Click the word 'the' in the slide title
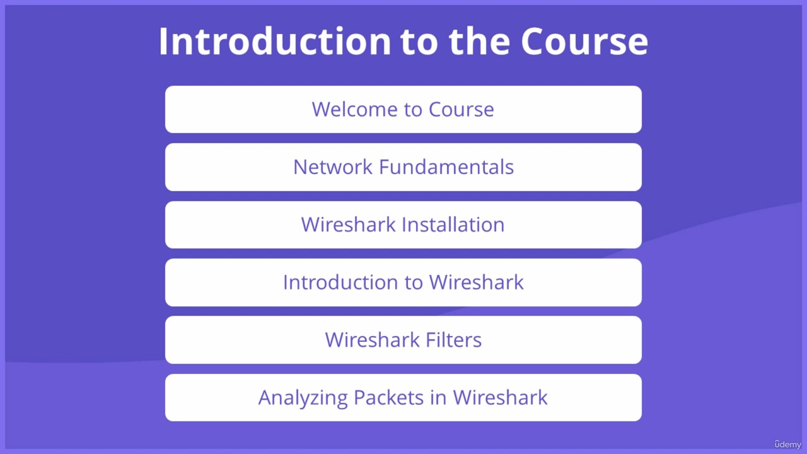click(x=479, y=41)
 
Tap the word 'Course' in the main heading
click(x=584, y=42)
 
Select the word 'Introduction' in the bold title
click(x=275, y=41)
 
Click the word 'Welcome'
click(x=354, y=109)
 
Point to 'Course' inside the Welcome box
click(x=461, y=109)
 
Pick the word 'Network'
click(x=332, y=167)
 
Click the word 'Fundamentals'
click(x=446, y=167)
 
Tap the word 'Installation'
click(x=453, y=224)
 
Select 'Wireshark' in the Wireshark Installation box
click(x=349, y=224)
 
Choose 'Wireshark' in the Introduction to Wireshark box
click(x=476, y=282)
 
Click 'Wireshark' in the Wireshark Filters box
click(x=372, y=340)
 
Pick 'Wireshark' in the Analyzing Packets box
click(x=500, y=397)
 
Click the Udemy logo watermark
click(x=787, y=445)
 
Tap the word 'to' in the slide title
click(x=419, y=42)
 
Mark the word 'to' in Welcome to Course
click(x=412, y=110)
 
